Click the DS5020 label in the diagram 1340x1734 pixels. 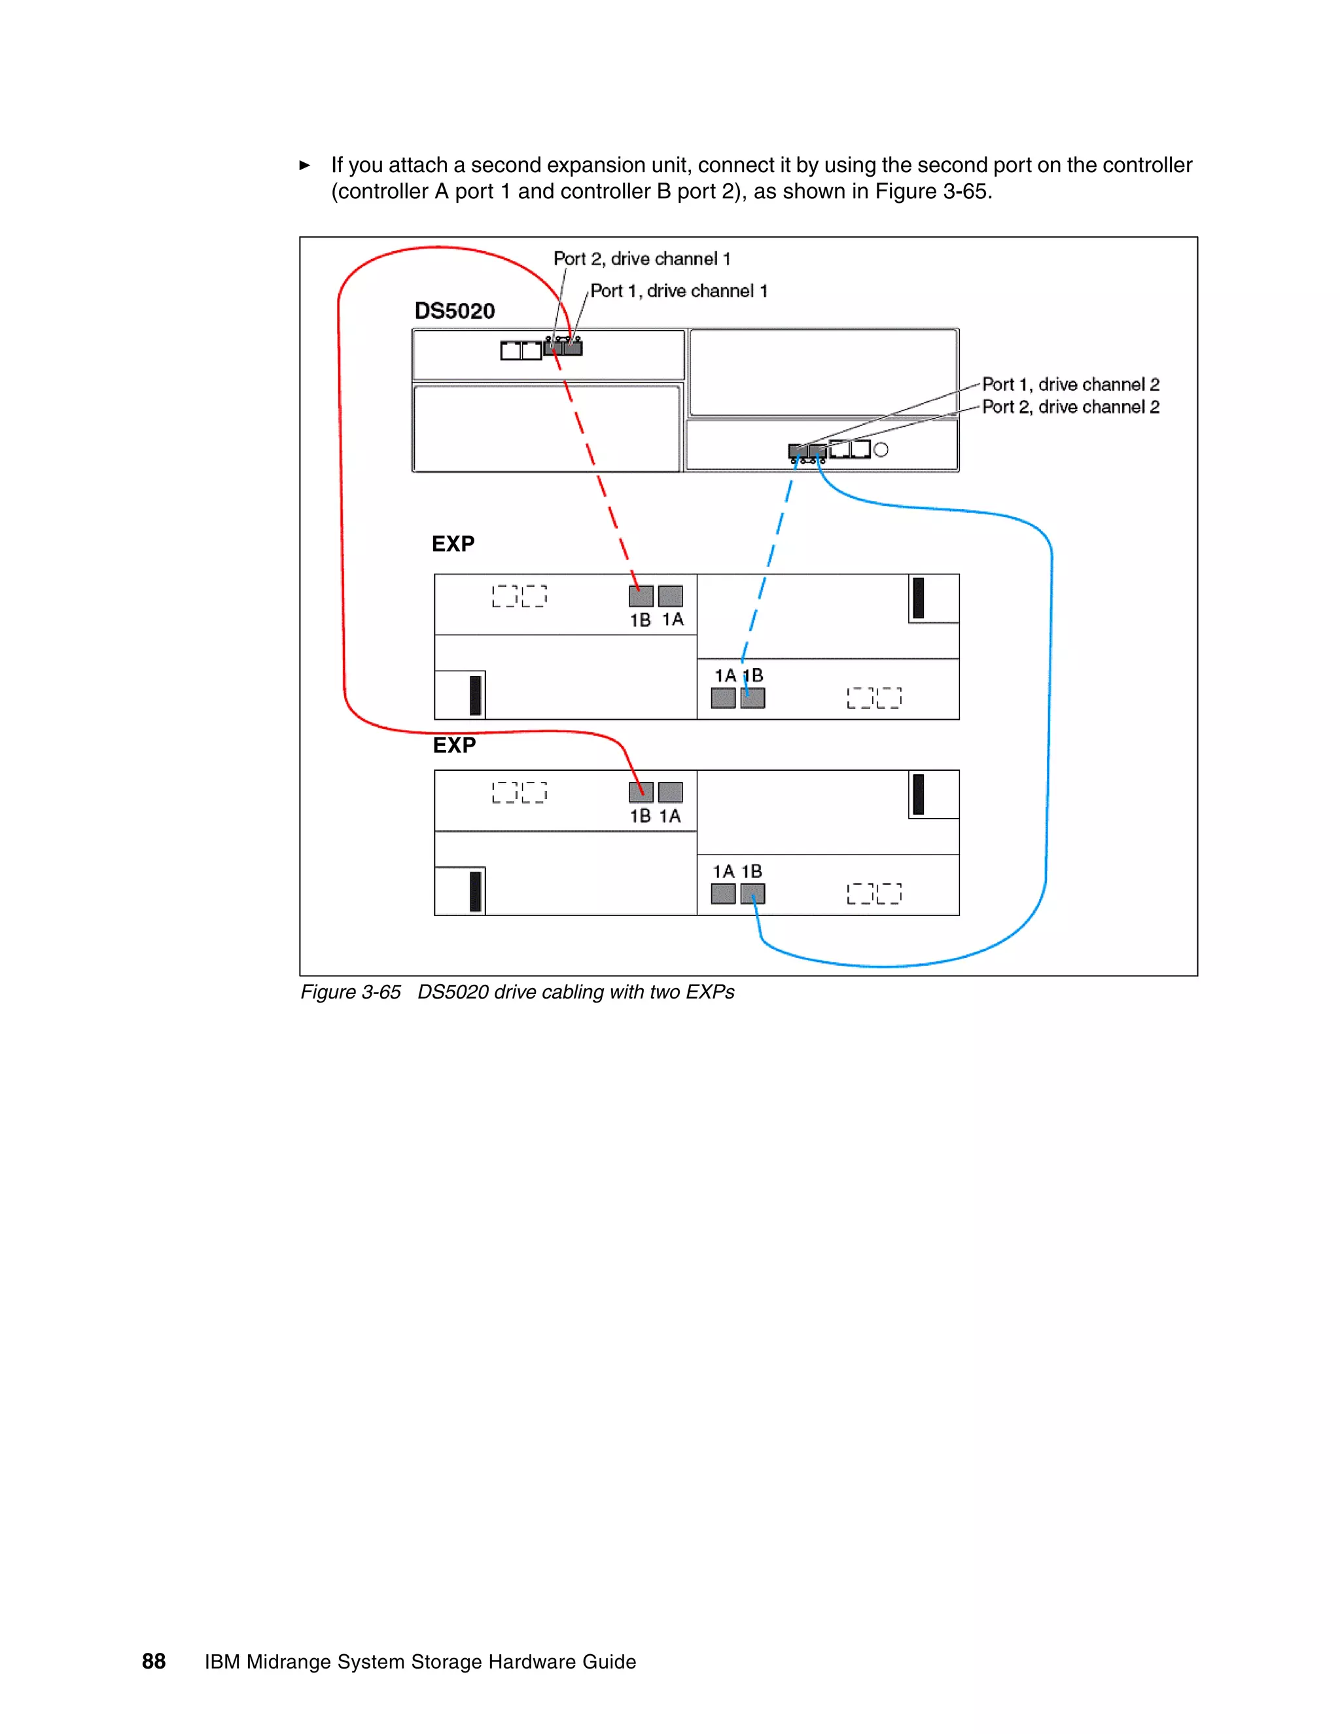coord(454,311)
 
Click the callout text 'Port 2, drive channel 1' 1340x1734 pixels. coord(641,259)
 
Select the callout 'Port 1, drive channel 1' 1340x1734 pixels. coord(679,291)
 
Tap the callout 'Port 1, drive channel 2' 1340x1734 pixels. coord(1070,384)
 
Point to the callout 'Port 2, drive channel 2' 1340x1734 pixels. coord(1070,407)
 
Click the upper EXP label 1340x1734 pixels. coord(453,544)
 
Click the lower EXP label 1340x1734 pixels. coord(454,745)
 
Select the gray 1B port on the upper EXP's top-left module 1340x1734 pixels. coord(641,595)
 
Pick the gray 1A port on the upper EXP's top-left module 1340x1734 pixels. coord(670,595)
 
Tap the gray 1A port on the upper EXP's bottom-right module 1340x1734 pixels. coord(723,698)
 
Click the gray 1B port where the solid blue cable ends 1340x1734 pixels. coord(752,894)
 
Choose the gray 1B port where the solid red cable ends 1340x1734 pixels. coord(641,792)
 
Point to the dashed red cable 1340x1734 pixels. coord(596,469)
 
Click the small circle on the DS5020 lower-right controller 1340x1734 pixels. coord(881,450)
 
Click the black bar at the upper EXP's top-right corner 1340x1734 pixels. coord(919,598)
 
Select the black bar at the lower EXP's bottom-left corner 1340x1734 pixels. coord(476,891)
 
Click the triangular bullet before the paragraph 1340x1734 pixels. coord(304,165)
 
